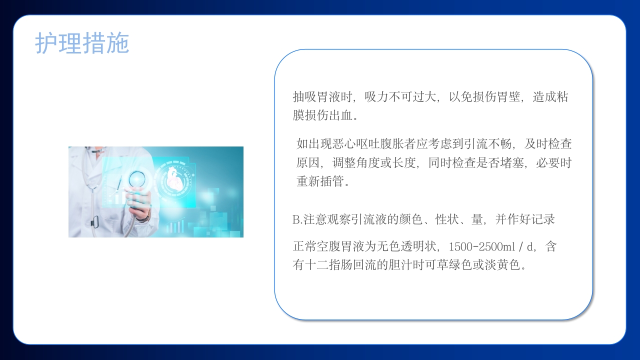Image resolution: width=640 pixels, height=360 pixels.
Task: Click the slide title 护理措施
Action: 82,43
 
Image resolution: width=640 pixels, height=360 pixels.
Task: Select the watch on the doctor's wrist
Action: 143,219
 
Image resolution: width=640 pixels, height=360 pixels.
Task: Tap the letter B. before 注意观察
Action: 297,219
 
